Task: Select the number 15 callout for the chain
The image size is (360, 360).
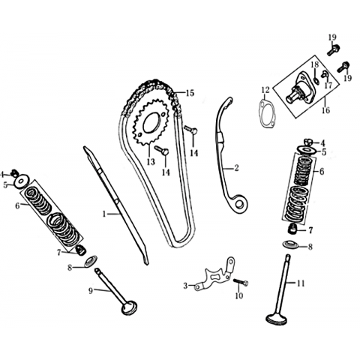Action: [190, 93]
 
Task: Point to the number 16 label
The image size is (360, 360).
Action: [325, 109]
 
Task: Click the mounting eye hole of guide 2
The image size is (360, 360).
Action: [239, 204]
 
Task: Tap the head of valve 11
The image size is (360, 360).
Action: [276, 319]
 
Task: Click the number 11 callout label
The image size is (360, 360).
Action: [301, 283]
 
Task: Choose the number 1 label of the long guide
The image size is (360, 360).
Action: [104, 214]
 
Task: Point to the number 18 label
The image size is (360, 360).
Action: [315, 64]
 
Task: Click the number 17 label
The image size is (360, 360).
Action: [328, 85]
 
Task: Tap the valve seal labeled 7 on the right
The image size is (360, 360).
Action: [292, 229]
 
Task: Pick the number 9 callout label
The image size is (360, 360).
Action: [91, 290]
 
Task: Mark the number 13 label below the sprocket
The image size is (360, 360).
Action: [151, 161]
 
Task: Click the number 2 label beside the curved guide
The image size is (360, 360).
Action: [236, 167]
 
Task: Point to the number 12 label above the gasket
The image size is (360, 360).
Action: [265, 89]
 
